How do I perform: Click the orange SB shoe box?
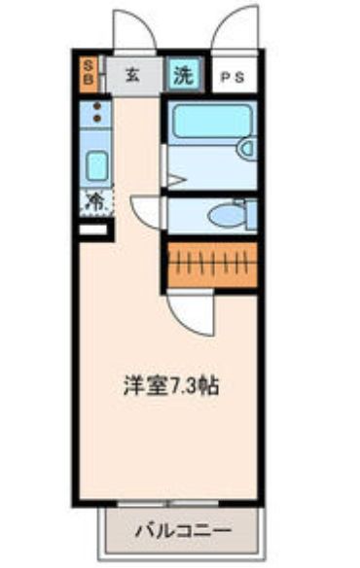pyautogui.click(x=87, y=73)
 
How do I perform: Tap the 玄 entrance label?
pyautogui.click(x=133, y=74)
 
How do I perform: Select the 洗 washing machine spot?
pyautogui.click(x=182, y=73)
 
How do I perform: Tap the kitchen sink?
pyautogui.click(x=96, y=164)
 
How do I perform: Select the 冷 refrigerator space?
pyautogui.click(x=96, y=202)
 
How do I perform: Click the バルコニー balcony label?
pyautogui.click(x=183, y=533)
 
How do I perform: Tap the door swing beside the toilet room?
pyautogui.click(x=146, y=212)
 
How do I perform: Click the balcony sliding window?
pyautogui.click(x=168, y=505)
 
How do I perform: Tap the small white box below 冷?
pyautogui.click(x=93, y=231)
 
